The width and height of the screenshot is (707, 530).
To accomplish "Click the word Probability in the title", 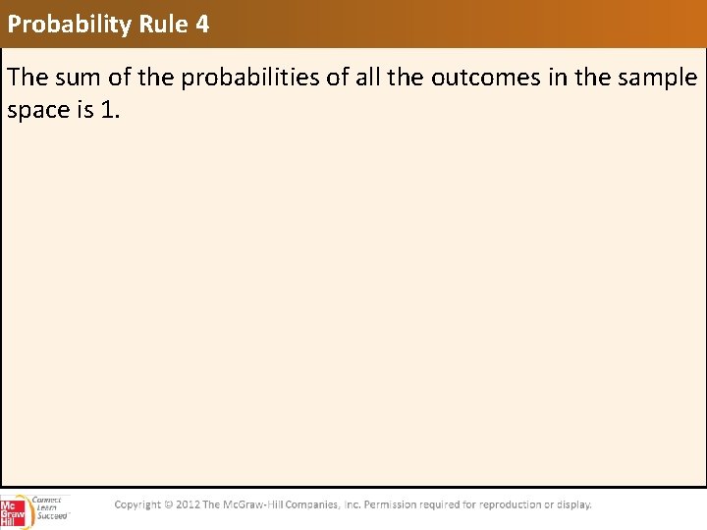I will [x=69, y=25].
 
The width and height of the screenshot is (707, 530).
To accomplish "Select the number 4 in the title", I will [x=202, y=25].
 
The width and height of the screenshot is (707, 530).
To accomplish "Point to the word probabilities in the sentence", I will [x=245, y=78].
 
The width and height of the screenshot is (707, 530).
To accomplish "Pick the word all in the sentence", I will [x=365, y=78].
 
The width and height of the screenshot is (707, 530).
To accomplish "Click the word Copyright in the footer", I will [x=136, y=504].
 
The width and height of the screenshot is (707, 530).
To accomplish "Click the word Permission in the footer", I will [x=394, y=504].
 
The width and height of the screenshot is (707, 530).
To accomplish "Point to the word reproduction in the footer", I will [x=510, y=504].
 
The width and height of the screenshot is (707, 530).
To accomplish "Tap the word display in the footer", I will [x=573, y=504].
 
